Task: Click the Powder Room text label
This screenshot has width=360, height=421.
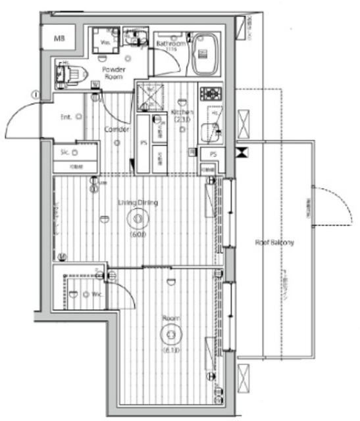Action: (113, 73)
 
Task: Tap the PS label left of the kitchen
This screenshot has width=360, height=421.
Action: (143, 143)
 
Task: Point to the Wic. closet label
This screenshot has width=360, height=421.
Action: (96, 293)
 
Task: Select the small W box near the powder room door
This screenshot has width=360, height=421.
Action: (96, 85)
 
